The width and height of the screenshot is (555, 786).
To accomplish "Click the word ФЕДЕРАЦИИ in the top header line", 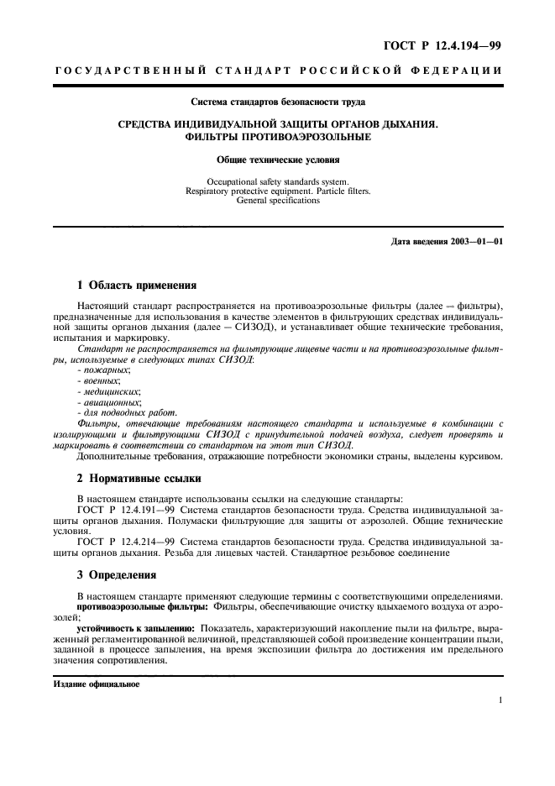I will [x=458, y=71].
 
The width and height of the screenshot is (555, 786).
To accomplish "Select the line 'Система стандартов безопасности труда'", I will [x=278, y=102].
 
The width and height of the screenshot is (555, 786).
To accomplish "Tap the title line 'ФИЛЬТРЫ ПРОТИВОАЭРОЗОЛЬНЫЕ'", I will [x=278, y=137].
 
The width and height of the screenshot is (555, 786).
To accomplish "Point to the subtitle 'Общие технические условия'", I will [x=278, y=159].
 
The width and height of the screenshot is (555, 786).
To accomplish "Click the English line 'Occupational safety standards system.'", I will [x=278, y=181].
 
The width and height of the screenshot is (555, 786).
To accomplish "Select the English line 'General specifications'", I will [x=278, y=201].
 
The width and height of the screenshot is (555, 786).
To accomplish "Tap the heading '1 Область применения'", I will [x=127, y=285].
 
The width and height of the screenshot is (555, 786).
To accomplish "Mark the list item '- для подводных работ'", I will [x=127, y=413].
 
